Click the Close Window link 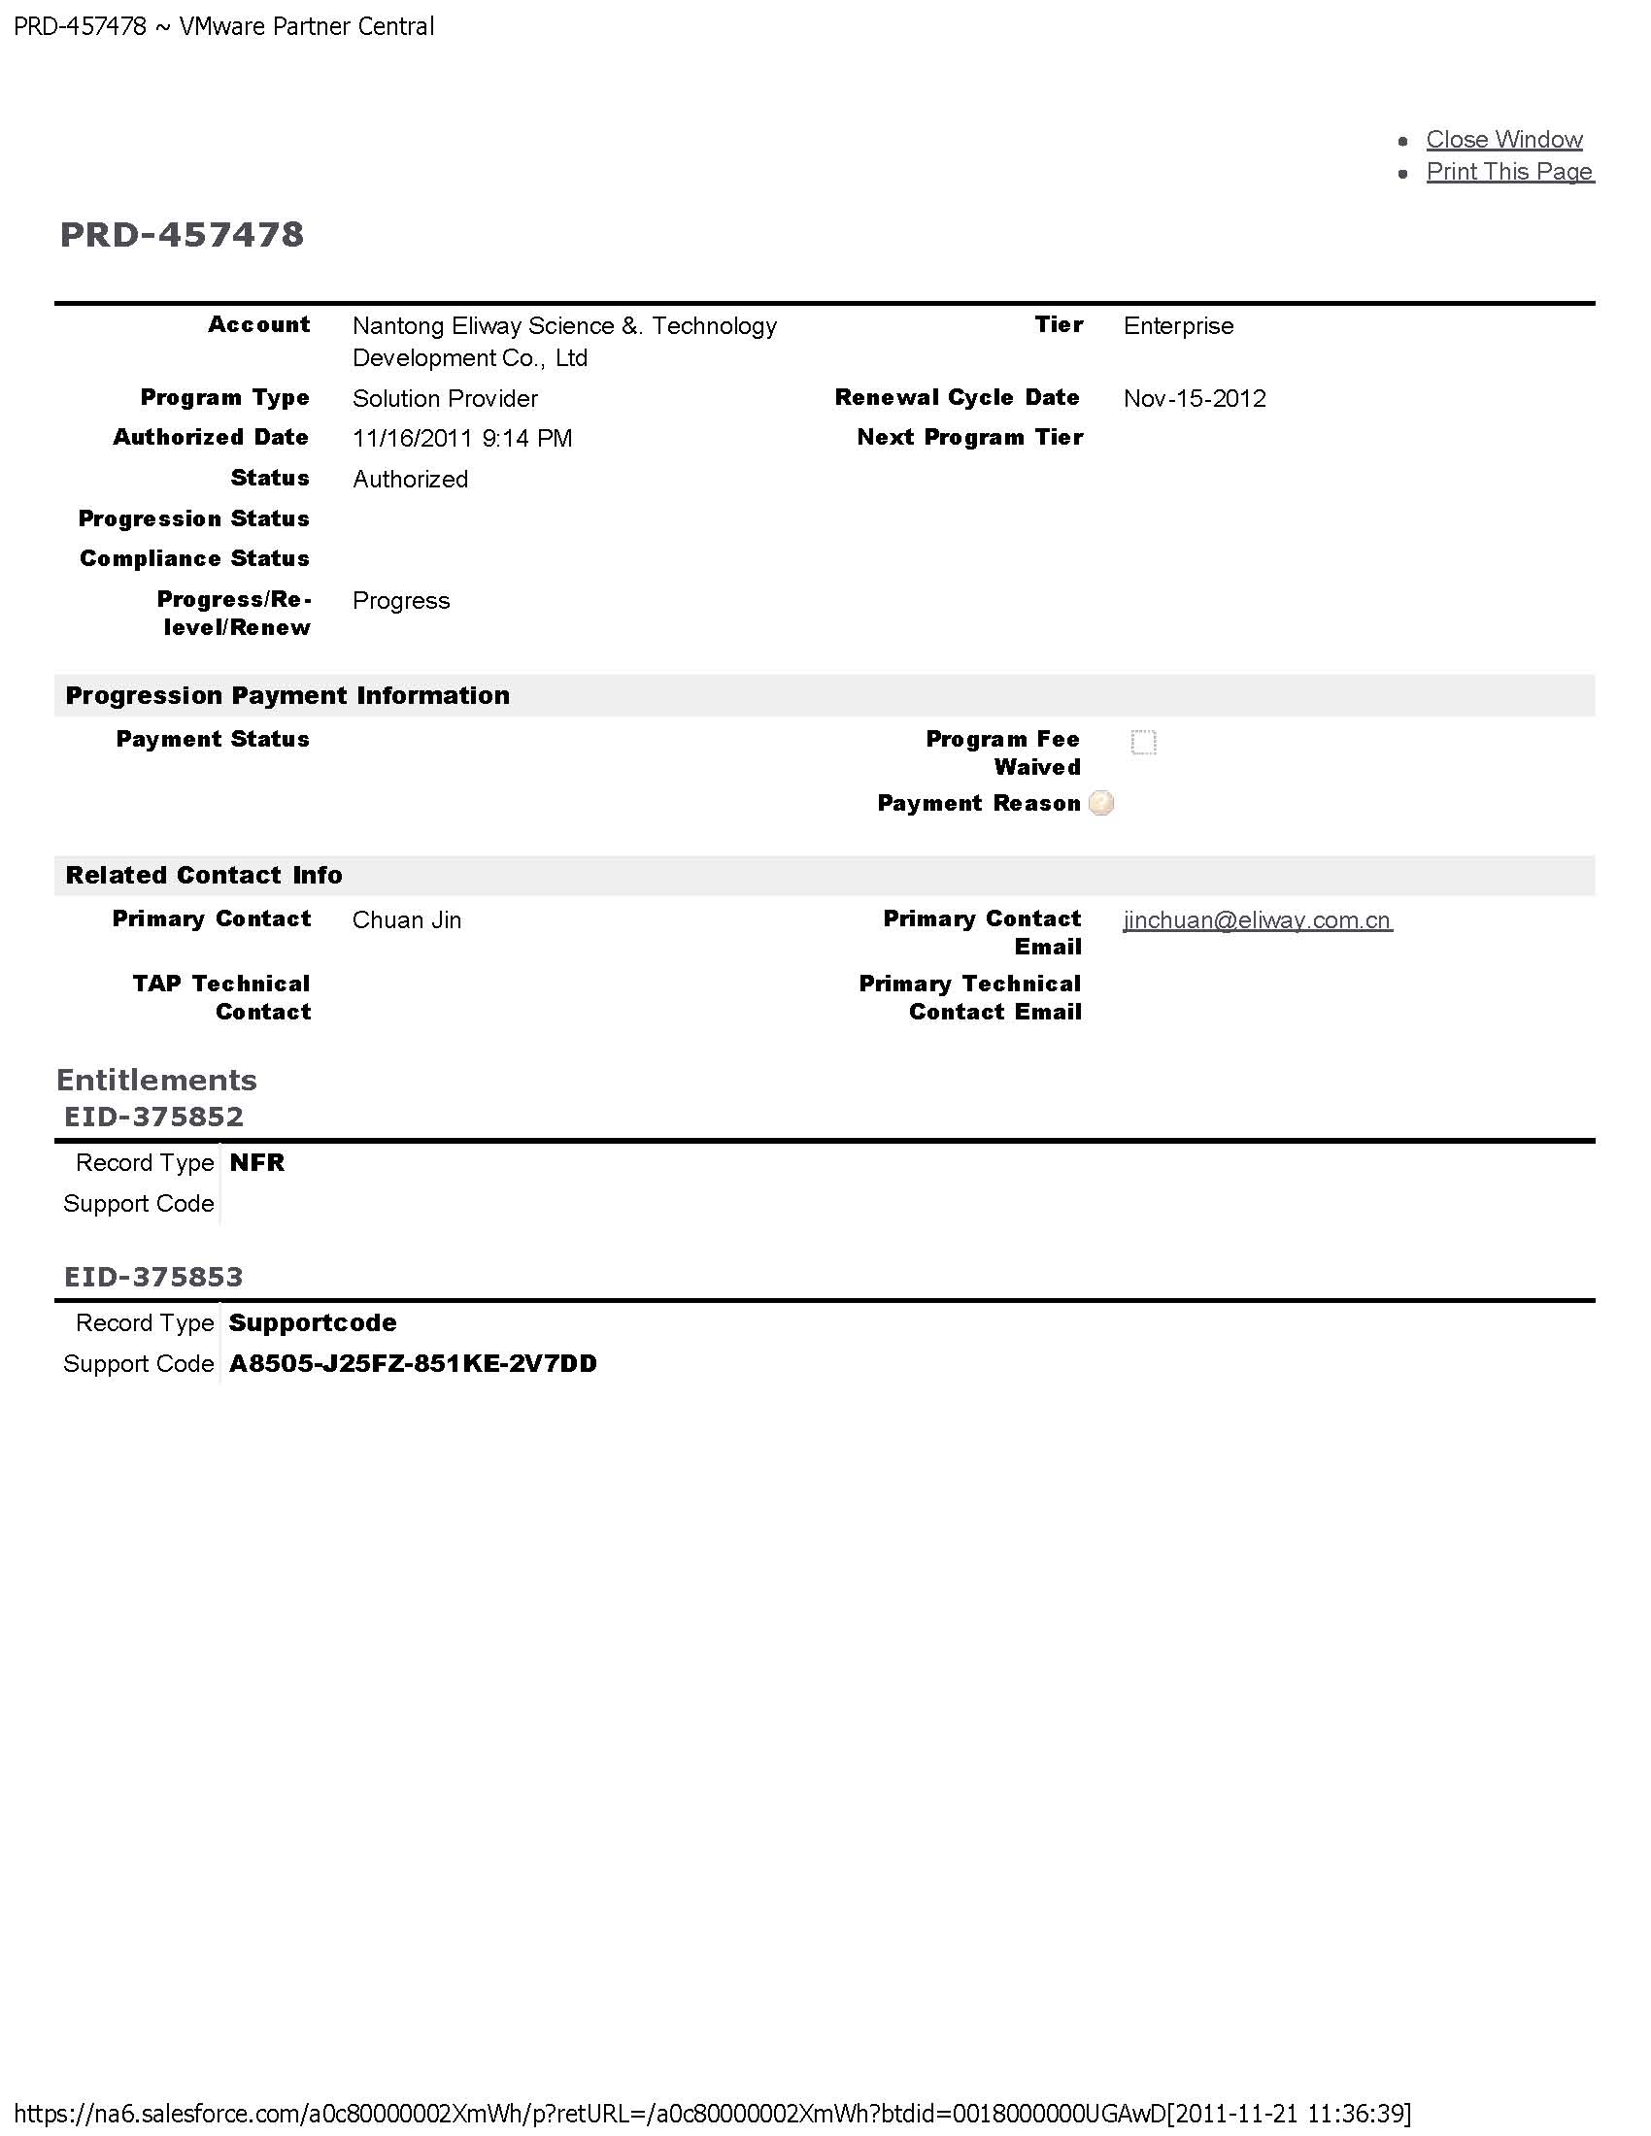[1503, 139]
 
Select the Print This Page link [1508, 171]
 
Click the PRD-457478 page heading [182, 235]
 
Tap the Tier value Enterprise [1178, 325]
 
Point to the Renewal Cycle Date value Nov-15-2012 [1195, 398]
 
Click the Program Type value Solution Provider [445, 398]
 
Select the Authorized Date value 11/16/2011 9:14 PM [461, 438]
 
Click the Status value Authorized [410, 480]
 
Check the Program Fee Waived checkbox [1142, 742]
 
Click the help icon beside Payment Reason [1101, 803]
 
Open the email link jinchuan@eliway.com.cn [1257, 920]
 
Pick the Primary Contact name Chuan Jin [407, 920]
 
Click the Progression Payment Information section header [287, 695]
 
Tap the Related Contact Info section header [203, 876]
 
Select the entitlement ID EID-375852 [153, 1116]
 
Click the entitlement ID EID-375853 [153, 1277]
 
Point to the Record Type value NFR [257, 1162]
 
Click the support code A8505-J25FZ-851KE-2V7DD [413, 1363]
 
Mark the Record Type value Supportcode [313, 1322]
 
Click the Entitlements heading [156, 1080]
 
